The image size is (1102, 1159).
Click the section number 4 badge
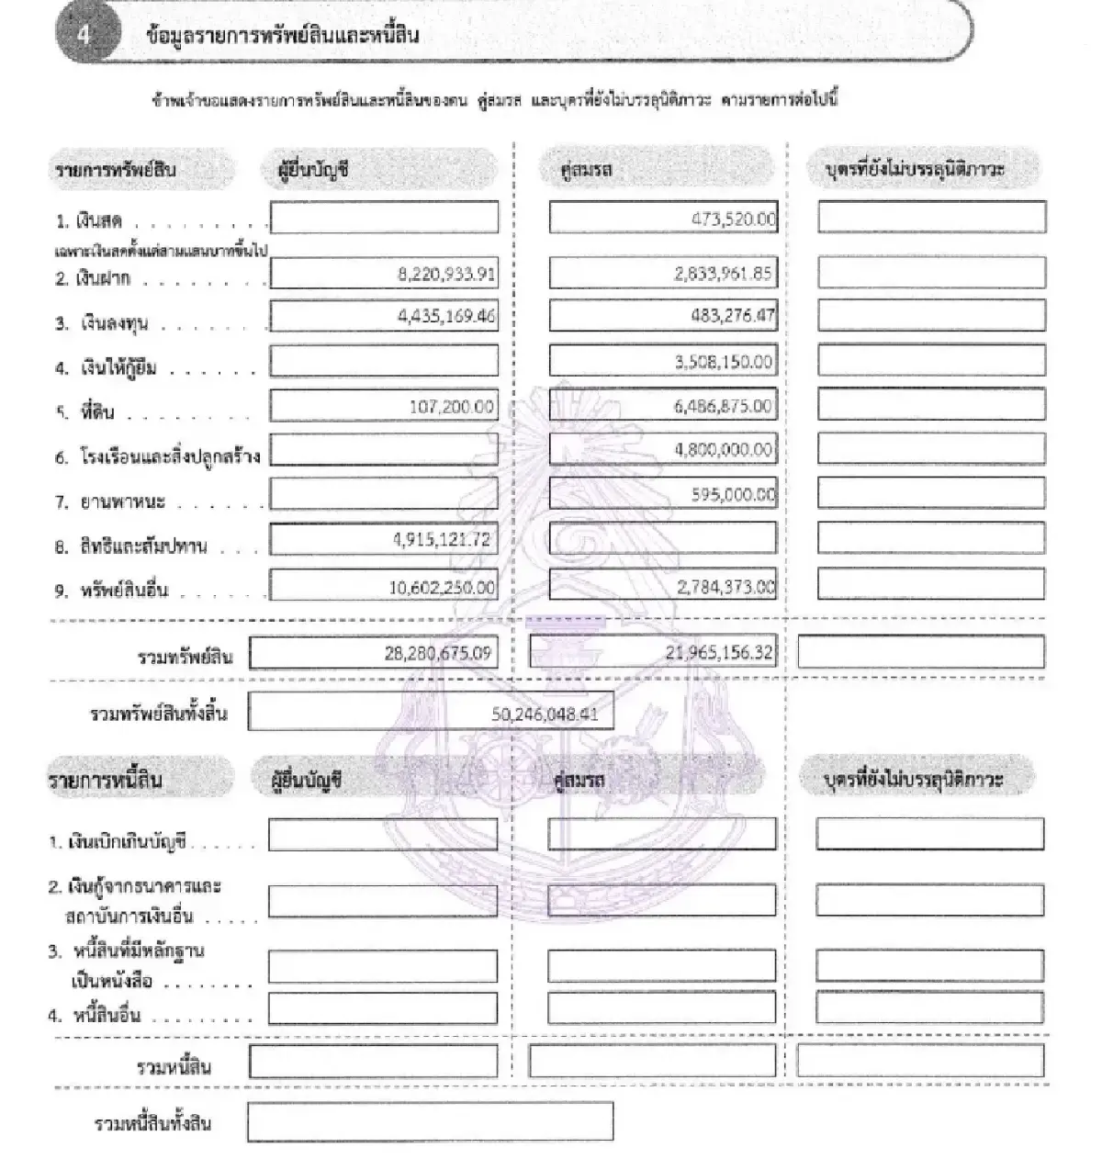pyautogui.click(x=85, y=35)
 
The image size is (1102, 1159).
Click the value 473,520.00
pyautogui.click(x=733, y=219)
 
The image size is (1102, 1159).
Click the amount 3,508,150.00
pyautogui.click(x=724, y=362)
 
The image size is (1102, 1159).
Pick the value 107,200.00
pyautogui.click(x=451, y=406)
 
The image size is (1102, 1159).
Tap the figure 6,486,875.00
pyautogui.click(x=724, y=406)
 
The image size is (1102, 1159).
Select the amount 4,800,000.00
pyautogui.click(x=724, y=450)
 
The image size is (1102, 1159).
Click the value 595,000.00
pyautogui.click(x=733, y=495)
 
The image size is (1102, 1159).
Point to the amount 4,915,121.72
pyautogui.click(x=442, y=540)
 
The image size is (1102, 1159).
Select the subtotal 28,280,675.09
pyautogui.click(x=438, y=654)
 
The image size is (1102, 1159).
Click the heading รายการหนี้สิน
pyautogui.click(x=106, y=781)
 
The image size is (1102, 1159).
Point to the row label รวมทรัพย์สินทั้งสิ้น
pyautogui.click(x=159, y=714)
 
